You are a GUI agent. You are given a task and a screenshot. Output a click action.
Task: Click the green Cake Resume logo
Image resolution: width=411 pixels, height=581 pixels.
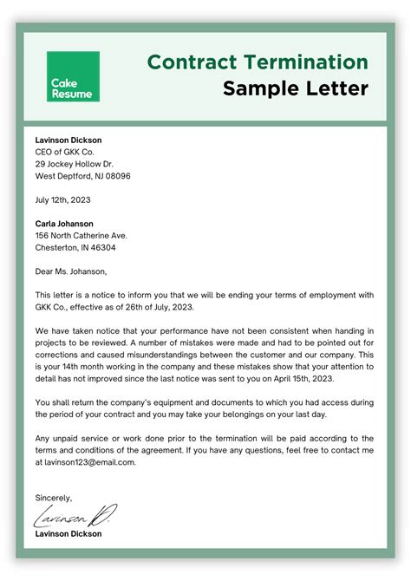coord(73,76)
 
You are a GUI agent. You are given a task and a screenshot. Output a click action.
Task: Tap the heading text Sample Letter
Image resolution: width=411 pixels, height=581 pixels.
coord(295,88)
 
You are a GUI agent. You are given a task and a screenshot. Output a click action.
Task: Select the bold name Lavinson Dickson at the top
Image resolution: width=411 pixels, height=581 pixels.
coord(68,140)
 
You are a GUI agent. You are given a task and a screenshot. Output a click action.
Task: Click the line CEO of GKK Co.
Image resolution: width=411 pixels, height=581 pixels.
coord(65,152)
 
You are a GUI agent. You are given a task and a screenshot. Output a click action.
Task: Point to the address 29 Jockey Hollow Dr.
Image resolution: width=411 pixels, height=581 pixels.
coord(76,164)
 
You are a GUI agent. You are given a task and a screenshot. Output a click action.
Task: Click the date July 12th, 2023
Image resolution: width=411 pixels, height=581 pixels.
coord(62,199)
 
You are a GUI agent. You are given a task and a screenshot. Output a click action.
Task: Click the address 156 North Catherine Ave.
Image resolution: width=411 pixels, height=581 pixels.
coord(81,235)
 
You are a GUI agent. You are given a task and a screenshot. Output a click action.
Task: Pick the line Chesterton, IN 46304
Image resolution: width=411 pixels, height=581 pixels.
coord(75,247)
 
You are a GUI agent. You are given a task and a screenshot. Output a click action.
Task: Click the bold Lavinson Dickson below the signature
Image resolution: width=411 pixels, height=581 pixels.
coord(68,534)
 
